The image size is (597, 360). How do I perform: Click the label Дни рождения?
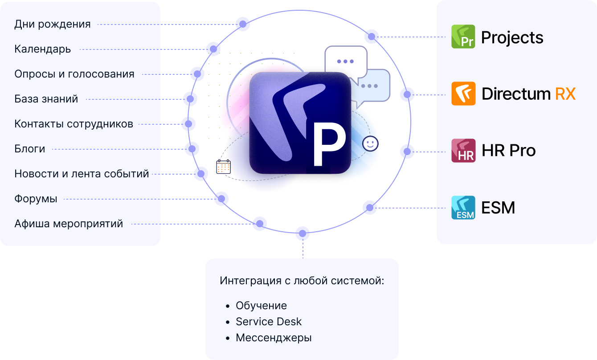(x=53, y=24)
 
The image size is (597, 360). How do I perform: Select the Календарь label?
(x=43, y=49)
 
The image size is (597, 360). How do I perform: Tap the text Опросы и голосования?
(x=74, y=74)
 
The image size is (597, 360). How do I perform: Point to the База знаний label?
(x=46, y=99)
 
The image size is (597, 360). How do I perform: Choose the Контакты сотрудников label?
(x=74, y=124)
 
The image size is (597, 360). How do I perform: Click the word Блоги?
(x=29, y=149)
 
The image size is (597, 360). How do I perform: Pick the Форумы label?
(x=36, y=199)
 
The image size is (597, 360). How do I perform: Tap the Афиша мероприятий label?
(x=69, y=224)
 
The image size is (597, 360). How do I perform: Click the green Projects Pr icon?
(x=463, y=37)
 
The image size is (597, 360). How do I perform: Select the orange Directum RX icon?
(x=463, y=94)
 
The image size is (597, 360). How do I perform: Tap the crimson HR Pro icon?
(x=463, y=151)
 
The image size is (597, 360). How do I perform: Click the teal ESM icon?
(x=463, y=208)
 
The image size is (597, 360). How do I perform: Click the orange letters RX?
(x=565, y=94)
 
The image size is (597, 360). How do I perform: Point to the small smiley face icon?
(x=370, y=143)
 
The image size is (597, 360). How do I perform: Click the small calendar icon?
(x=223, y=167)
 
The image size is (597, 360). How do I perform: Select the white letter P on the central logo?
(x=329, y=144)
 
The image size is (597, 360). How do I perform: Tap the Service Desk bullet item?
(x=269, y=322)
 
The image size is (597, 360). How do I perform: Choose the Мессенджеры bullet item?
(x=274, y=338)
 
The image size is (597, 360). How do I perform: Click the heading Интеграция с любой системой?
(x=302, y=281)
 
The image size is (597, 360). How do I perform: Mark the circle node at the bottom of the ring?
(x=303, y=233)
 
